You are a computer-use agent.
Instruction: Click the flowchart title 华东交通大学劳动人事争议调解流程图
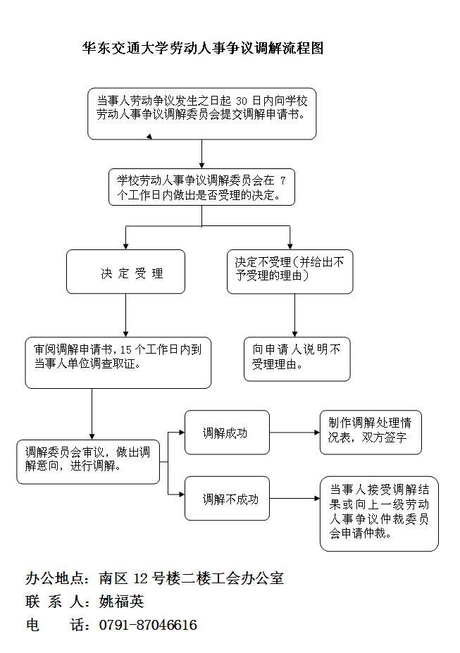pos(203,49)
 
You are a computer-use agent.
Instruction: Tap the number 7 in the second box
pos(282,180)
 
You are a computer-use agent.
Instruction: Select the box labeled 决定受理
pos(125,272)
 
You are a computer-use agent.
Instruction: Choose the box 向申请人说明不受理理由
pos(297,358)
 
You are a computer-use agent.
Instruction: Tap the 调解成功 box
pos(227,433)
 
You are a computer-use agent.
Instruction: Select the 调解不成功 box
pos(227,499)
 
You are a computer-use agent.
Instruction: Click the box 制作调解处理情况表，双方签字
pos(370,430)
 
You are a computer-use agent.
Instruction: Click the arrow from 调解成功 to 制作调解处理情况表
pos(294,433)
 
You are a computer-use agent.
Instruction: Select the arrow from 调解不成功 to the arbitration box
pos(294,499)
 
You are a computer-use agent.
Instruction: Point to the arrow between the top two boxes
pos(202,154)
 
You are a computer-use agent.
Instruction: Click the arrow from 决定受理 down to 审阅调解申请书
pos(126,315)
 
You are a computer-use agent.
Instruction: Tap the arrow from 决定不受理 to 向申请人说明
pos(294,316)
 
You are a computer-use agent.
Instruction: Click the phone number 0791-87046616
pos(148,625)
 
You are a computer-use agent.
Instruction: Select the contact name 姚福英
pos(121,602)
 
